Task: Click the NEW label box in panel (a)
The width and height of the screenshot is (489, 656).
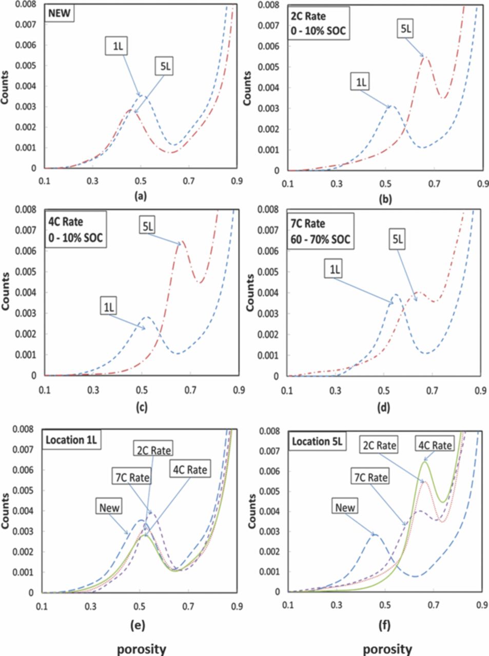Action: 60,14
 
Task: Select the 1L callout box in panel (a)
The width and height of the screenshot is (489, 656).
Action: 118,47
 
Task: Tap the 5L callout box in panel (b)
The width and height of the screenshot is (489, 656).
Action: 404,29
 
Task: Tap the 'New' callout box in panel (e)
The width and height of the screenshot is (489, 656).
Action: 110,507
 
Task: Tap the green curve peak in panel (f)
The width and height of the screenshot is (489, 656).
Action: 425,462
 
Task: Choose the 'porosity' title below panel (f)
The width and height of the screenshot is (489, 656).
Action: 387,649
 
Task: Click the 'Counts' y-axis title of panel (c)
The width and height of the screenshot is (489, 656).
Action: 6,292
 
